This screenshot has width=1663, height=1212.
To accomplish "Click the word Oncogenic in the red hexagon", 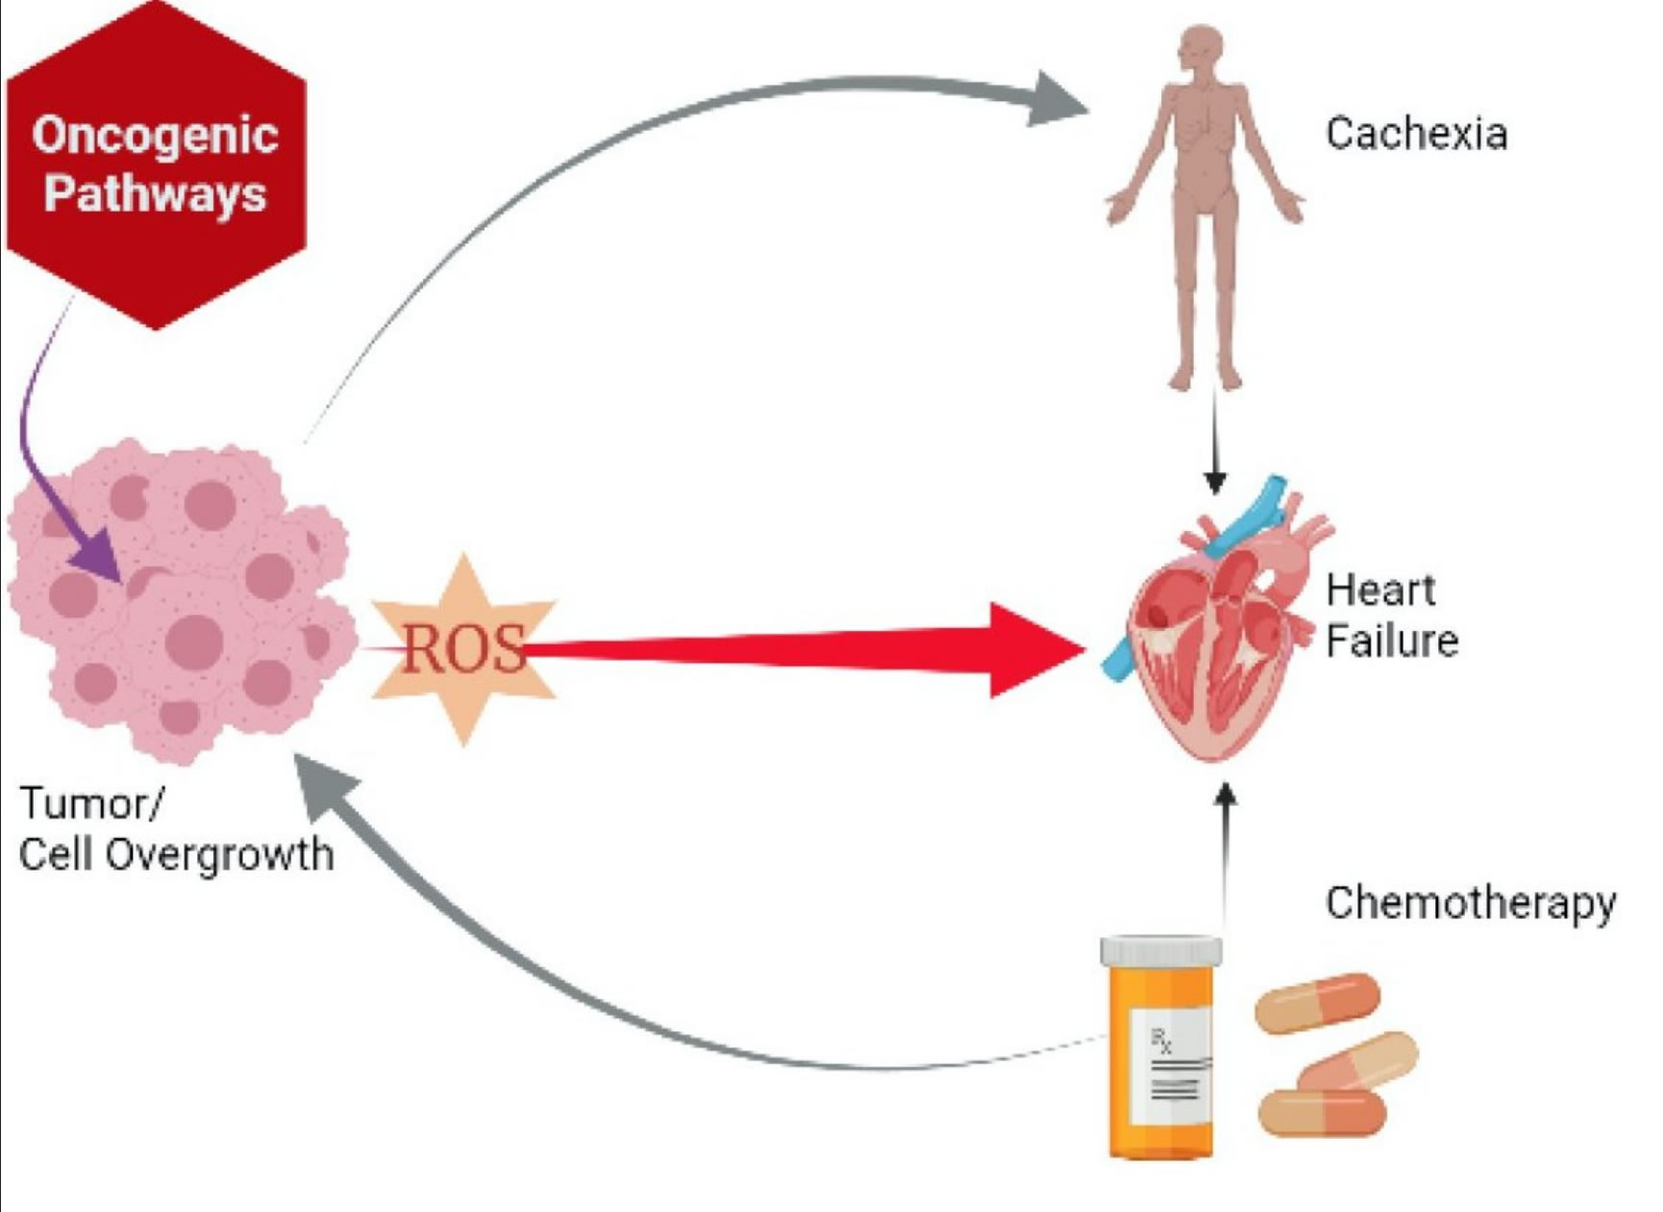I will pyautogui.click(x=155, y=135).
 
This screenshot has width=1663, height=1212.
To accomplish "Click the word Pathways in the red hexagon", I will pyautogui.click(x=155, y=193).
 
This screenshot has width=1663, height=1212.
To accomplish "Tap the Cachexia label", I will pyautogui.click(x=1416, y=134).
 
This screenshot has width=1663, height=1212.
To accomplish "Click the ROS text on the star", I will pyautogui.click(x=464, y=648).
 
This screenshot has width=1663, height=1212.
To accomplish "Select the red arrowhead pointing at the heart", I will pyautogui.click(x=1033, y=650).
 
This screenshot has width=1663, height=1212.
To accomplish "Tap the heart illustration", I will pyautogui.click(x=1216, y=635).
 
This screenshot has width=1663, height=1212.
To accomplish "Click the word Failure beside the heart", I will pyautogui.click(x=1392, y=641).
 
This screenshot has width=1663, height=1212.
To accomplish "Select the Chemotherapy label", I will pyautogui.click(x=1470, y=903).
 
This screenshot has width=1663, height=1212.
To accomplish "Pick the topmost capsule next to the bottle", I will pyautogui.click(x=1318, y=1003).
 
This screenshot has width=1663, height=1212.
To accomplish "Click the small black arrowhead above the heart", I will pyautogui.click(x=1215, y=480).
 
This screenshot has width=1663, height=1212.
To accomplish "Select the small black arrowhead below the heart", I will pyautogui.click(x=1226, y=795).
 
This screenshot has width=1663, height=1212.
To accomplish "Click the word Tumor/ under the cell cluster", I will pyautogui.click(x=92, y=803).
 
